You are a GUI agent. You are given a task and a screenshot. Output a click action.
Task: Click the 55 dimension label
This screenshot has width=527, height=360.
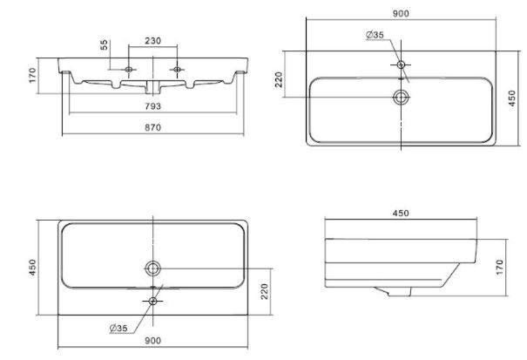[105, 44]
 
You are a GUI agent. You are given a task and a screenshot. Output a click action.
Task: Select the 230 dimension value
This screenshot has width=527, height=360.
[153, 41]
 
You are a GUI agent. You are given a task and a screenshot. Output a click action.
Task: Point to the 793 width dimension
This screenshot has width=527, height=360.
[153, 106]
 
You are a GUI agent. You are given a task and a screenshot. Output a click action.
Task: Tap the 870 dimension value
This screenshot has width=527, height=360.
[153, 127]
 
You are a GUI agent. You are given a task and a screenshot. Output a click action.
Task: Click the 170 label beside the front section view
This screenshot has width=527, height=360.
[32, 75]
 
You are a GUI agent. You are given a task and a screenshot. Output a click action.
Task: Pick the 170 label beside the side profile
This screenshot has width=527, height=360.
[500, 267]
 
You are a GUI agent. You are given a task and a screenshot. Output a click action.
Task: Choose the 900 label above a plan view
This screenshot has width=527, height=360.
[401, 13]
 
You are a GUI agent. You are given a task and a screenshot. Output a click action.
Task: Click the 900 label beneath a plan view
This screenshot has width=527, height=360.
[153, 341]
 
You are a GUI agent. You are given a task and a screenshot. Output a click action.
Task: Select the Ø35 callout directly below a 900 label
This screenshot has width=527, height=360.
[375, 35]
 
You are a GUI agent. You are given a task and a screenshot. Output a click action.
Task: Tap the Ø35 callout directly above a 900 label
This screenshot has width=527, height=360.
[118, 328]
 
